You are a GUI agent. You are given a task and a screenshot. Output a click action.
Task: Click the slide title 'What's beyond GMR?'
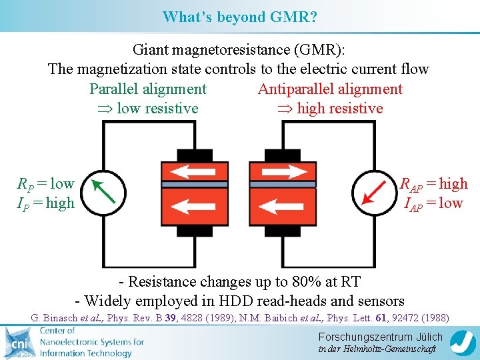(x=240, y=17)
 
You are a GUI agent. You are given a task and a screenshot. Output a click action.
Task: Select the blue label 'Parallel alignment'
(x=148, y=89)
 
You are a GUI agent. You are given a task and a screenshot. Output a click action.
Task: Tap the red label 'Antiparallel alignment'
(x=330, y=89)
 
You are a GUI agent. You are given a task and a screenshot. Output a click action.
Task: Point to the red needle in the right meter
(x=374, y=191)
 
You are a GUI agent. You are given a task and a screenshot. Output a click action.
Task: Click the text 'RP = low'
(x=45, y=184)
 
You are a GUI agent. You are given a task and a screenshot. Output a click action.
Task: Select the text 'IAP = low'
(x=433, y=203)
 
